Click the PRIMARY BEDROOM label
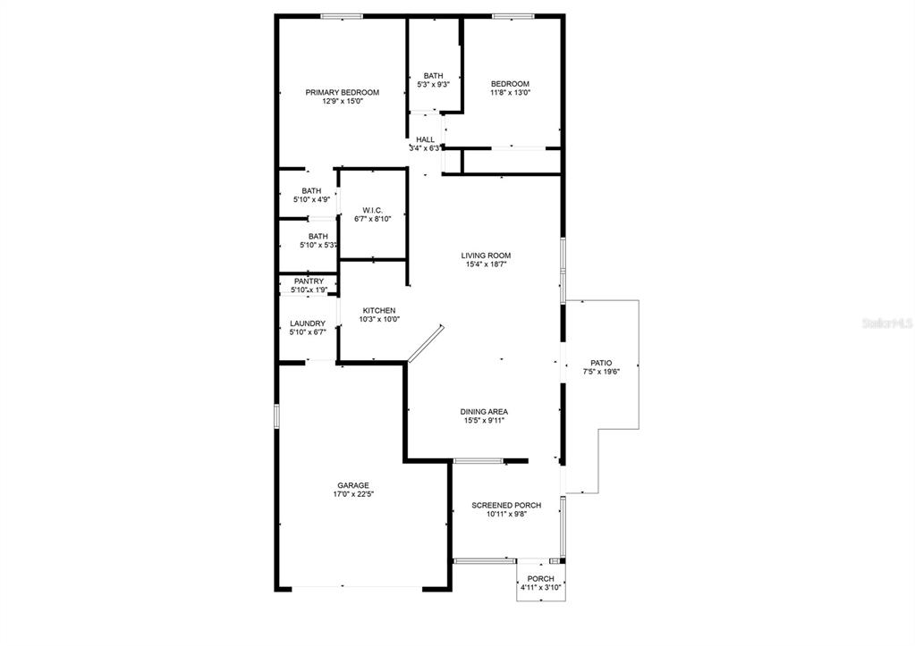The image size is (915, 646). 342,92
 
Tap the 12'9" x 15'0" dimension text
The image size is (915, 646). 342,102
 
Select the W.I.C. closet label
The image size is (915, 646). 373,209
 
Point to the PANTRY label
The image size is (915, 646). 308,281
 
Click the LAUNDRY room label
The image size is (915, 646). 308,323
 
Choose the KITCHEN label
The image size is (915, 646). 378,310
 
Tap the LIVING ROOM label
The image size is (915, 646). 486,255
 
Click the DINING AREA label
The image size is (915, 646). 484,412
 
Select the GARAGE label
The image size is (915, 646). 352,485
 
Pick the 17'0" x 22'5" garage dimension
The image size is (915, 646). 352,494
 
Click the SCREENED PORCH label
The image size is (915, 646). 506,505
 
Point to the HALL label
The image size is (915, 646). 425,139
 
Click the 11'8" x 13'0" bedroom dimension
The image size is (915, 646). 510,93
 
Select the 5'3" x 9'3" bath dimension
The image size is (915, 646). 433,85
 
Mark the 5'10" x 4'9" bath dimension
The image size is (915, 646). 311,200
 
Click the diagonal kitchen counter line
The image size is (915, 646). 425,344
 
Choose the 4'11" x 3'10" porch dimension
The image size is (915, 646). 540,587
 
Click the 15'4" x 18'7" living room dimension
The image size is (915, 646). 486,264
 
